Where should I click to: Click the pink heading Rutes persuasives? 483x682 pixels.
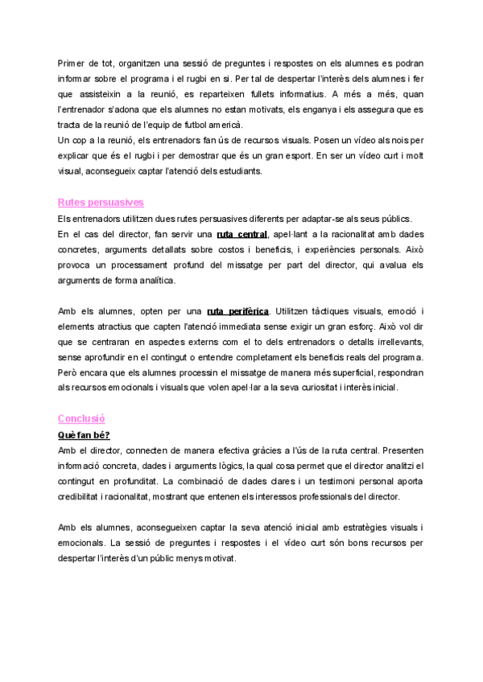coord(101,202)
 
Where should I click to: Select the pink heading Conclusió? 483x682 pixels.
coord(81,419)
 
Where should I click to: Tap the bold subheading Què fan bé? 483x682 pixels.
coord(84,435)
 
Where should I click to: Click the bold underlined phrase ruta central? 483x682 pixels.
coord(242,234)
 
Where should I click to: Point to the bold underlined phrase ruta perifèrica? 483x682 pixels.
coord(237,311)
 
